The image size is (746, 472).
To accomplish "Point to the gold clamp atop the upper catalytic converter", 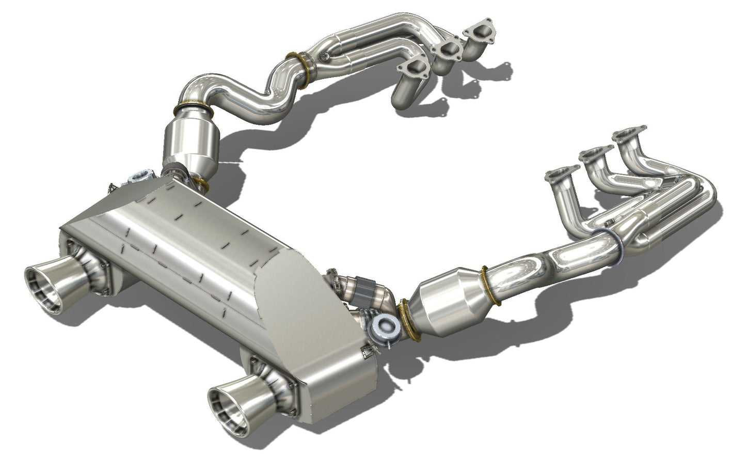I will coord(193,107).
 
